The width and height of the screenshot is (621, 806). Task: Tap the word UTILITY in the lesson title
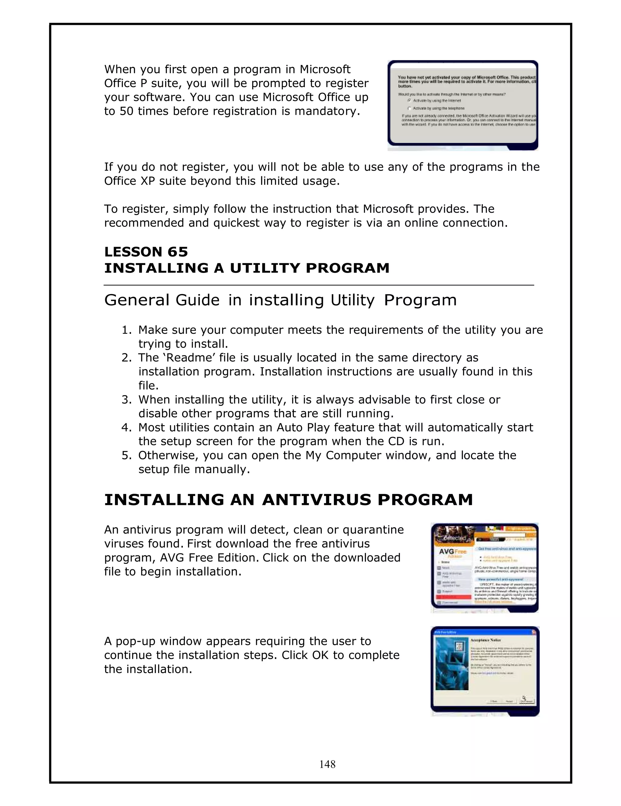coord(264,268)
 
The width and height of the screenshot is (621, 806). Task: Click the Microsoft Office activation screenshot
coord(463,105)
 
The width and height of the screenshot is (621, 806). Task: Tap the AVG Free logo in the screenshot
coord(452,552)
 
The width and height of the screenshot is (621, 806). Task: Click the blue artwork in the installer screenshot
coord(452,665)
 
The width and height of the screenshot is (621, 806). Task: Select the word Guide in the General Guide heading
coord(197,300)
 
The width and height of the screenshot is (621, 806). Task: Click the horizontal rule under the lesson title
coord(319,285)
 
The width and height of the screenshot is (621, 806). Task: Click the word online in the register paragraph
coord(421,223)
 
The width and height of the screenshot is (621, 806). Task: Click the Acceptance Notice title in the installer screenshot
coord(485,640)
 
